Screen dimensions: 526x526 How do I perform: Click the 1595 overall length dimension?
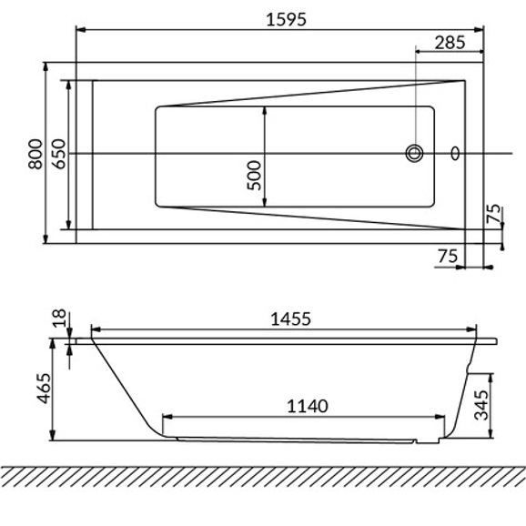tap(286, 19)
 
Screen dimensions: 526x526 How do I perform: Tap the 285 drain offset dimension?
tap(450, 43)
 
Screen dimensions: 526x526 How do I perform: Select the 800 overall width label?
tap(35, 154)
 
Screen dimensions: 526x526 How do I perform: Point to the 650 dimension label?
tap(58, 154)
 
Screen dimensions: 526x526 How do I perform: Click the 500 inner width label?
tap(254, 176)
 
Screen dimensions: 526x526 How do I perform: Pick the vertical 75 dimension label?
tap(493, 214)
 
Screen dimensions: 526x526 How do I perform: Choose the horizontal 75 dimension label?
tap(448, 257)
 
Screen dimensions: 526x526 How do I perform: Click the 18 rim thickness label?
tap(59, 318)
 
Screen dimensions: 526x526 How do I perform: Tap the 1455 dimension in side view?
tap(291, 319)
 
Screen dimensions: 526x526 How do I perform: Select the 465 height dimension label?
tap(44, 388)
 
